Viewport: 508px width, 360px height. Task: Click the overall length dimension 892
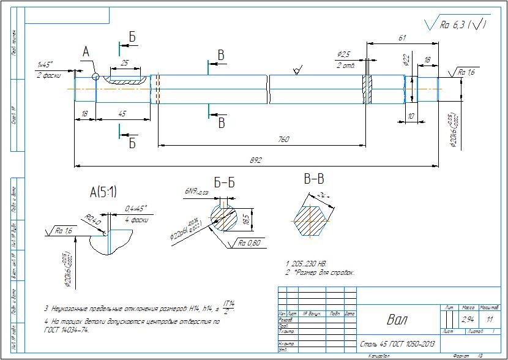[x=255, y=160]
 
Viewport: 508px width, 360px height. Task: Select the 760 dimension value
[x=283, y=140]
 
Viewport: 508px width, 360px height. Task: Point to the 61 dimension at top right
[x=402, y=38]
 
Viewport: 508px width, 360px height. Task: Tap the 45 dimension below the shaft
[x=122, y=113]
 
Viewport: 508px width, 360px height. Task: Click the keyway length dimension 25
[x=125, y=63]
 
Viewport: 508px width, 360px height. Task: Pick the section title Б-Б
[x=224, y=182]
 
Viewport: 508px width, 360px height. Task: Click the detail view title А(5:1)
[x=103, y=192]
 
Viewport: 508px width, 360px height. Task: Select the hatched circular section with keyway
[x=225, y=219]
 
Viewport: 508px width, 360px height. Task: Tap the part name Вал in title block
[x=396, y=320]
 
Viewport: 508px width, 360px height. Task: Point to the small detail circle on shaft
[x=95, y=77]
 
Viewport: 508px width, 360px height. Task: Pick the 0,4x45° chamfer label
[x=137, y=208]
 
